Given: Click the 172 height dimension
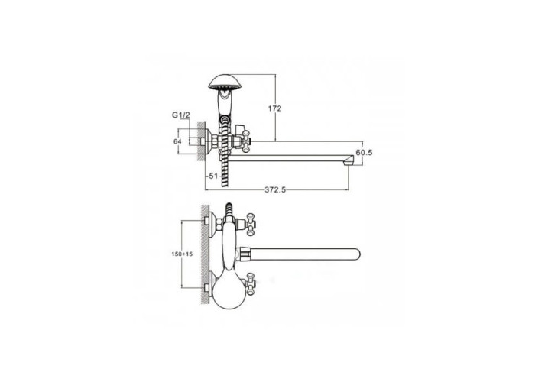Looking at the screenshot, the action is click(x=274, y=108).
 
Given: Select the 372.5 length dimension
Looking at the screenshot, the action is click(x=275, y=190).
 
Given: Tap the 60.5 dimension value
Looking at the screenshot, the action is click(x=364, y=153).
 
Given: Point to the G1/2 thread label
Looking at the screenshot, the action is click(x=180, y=115).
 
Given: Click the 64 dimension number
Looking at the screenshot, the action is click(x=178, y=141).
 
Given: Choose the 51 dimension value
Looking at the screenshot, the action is click(x=213, y=176).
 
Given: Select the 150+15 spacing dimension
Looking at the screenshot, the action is click(x=182, y=254).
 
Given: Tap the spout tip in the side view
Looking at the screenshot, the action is click(x=348, y=160).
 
